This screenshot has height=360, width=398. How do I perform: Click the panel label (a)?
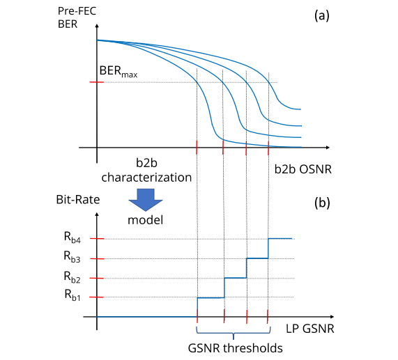coord(321,16)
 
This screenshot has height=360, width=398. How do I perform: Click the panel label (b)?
coord(322,203)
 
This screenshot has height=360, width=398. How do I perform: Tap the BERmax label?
coord(118,71)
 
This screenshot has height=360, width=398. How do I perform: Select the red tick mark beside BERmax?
coord(96,82)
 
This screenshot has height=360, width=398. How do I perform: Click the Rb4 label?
coord(72,237)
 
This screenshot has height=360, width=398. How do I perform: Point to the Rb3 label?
coord(72,256)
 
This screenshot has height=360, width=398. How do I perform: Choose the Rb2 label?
coord(72,277)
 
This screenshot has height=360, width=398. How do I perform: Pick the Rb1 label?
coord(72,295)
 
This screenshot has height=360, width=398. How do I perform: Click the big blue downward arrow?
coord(146,200)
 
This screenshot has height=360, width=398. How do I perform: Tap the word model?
coord(145,220)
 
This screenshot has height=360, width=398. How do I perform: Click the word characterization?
coord(146,178)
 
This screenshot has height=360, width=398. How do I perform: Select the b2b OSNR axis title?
coord(303,169)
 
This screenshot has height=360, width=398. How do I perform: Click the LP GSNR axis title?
coord(310,329)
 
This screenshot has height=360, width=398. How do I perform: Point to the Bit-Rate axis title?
coord(78,200)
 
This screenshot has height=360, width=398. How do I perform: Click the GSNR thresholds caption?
coord(236,348)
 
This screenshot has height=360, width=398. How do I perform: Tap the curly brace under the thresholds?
coord(234,333)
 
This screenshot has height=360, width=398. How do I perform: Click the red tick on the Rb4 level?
coord(97,239)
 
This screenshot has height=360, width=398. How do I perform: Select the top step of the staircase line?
coord(280,239)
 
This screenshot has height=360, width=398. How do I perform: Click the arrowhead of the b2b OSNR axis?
coord(328,148)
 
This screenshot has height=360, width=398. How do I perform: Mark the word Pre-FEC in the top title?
coord(77,11)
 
